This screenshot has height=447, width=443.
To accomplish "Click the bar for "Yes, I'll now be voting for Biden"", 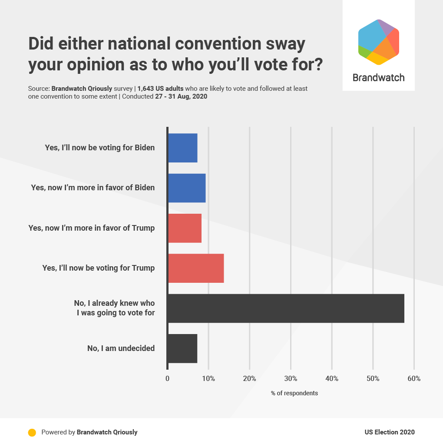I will coord(182,148).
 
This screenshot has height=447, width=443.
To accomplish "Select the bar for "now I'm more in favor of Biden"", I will coord(187,188).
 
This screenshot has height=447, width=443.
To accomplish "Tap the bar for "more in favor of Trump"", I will coord(185,228).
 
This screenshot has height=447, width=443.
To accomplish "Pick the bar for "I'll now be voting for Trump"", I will coord(196,268).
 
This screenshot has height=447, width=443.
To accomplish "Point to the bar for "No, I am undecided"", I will coord(182,348).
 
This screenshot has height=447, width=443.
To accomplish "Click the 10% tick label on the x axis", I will coord(208,378).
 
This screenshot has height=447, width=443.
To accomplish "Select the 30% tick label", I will coord(291,378).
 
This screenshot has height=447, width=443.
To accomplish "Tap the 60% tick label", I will coord(414,378).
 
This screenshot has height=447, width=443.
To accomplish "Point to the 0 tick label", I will coord(168,378).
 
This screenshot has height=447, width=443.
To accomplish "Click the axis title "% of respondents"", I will coord(294,393).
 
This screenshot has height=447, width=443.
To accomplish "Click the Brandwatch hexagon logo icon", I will coord(378,42).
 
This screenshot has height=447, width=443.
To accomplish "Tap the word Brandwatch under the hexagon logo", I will coord(378,78).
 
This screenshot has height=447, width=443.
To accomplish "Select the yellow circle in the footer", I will coord(32,432).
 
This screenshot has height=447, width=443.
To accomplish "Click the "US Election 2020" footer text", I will coord(390,432).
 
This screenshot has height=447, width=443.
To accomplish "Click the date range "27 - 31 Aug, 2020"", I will coord(181,96).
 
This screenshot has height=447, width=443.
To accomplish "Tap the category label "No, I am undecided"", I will coord(121,348).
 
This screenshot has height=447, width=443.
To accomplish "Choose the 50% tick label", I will coord(373,378).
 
